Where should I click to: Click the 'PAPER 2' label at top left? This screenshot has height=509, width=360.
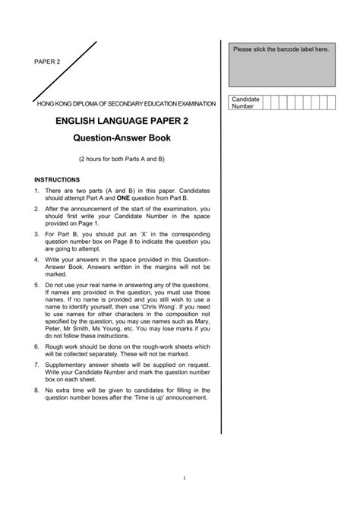pyautogui.click(x=46, y=62)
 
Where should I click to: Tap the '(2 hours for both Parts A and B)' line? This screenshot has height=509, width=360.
pyautogui.click(x=122, y=160)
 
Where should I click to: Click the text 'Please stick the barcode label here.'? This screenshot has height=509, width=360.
pyautogui.click(x=282, y=49)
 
